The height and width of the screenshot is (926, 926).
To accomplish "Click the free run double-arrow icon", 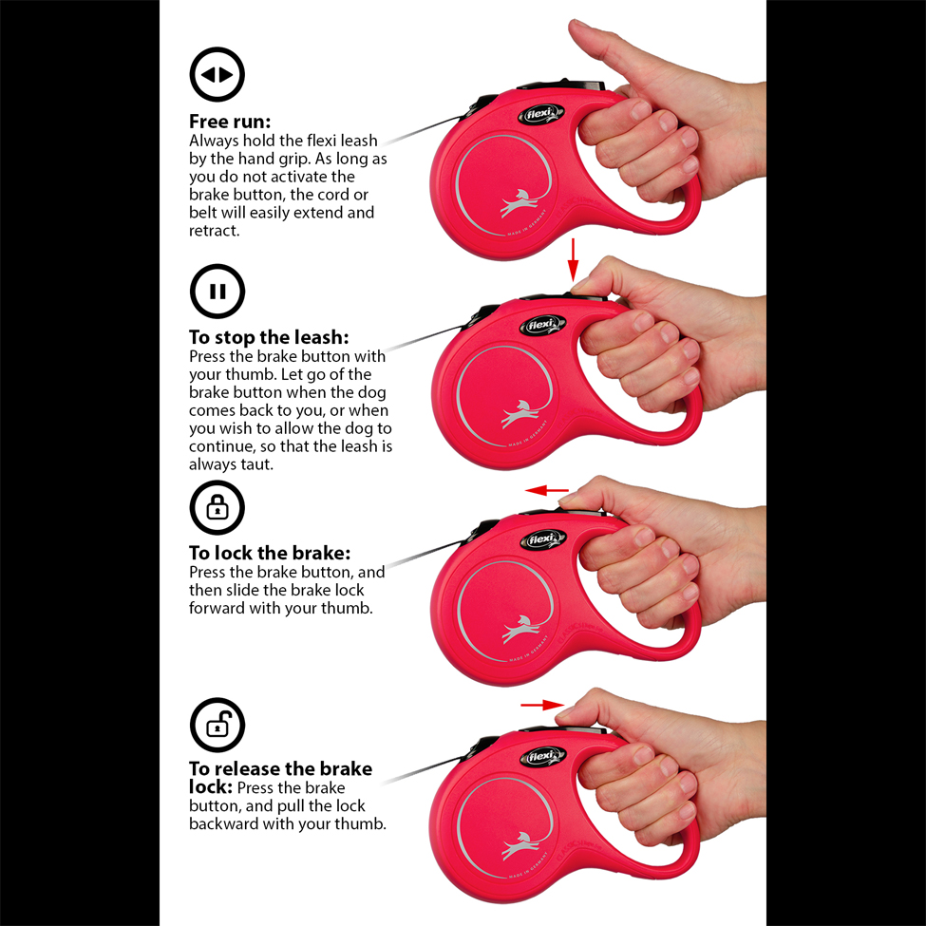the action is pyautogui.click(x=217, y=74).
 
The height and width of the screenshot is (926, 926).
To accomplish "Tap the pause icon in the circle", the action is pyautogui.click(x=217, y=292).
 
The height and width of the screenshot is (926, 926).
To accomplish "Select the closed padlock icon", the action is pyautogui.click(x=217, y=508).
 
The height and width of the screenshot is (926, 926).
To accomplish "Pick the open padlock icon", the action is pyautogui.click(x=217, y=725).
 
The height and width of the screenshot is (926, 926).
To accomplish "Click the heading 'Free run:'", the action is pyautogui.click(x=230, y=121).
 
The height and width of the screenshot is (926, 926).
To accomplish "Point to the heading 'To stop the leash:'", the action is pyautogui.click(x=269, y=337).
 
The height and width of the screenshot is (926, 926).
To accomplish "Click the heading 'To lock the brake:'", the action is pyautogui.click(x=270, y=553).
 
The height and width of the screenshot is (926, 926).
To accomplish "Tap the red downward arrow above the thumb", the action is pyautogui.click(x=573, y=260).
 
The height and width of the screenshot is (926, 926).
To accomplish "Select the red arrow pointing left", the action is pyautogui.click(x=547, y=490).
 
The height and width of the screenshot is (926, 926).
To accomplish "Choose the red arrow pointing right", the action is pyautogui.click(x=542, y=705).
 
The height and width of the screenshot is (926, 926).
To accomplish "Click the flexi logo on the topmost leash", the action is pyautogui.click(x=541, y=113).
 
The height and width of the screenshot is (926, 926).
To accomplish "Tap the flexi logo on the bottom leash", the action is pyautogui.click(x=542, y=757).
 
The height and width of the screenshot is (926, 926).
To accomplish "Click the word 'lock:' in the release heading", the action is pyautogui.click(x=210, y=787).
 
